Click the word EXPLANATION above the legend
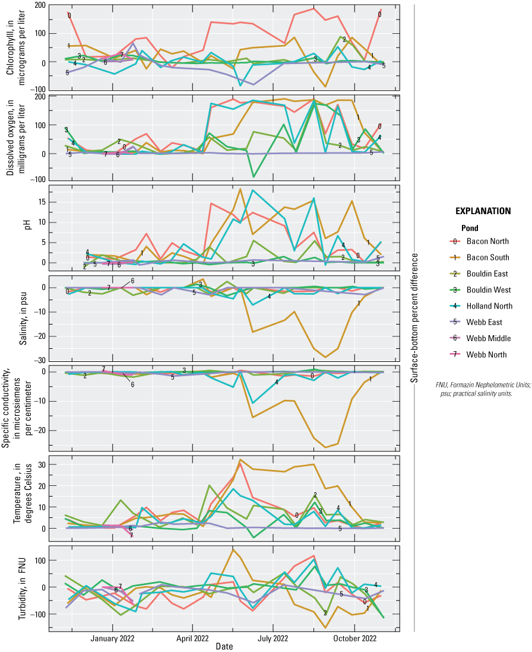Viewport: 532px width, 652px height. pyautogui.click(x=482, y=211)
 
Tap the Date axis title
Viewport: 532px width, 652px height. pyautogui.click(x=224, y=646)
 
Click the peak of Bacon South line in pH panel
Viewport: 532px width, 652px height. pyautogui.click(x=240, y=189)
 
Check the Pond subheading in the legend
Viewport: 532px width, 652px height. pyautogui.click(x=470, y=228)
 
